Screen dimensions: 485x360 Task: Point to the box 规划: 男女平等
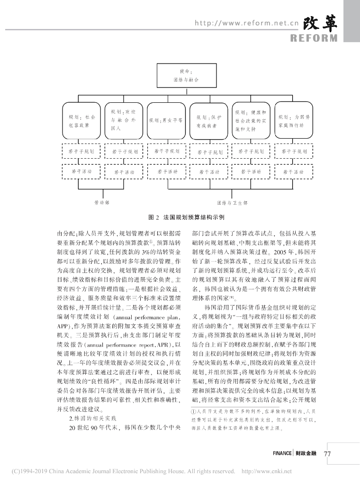tap(165, 121)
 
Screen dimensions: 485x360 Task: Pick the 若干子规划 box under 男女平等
tap(165, 152)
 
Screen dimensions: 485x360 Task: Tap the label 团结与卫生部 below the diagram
tap(232, 202)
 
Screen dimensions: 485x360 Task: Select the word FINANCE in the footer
tap(282, 453)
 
